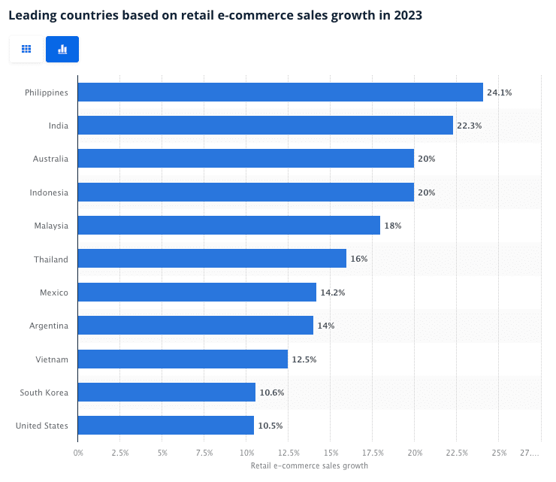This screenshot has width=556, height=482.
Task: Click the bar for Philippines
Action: pyautogui.click(x=280, y=92)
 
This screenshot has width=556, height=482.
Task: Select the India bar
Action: pyautogui.click(x=265, y=126)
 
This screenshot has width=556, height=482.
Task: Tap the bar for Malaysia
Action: pyautogui.click(x=229, y=226)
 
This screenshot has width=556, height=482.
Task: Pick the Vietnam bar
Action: pyautogui.click(x=183, y=359)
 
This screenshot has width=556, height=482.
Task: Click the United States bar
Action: pyautogui.click(x=166, y=426)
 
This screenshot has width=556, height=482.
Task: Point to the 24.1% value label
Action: pyautogui.click(x=500, y=92)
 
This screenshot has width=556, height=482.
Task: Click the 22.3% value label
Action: pyautogui.click(x=470, y=126)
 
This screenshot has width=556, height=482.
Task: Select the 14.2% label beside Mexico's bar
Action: pyautogui.click(x=333, y=293)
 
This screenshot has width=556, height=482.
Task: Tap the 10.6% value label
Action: pyautogui.click(x=272, y=393)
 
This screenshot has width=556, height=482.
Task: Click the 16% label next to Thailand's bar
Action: pyautogui.click(x=358, y=259)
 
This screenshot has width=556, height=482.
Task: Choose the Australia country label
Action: pyautogui.click(x=50, y=159)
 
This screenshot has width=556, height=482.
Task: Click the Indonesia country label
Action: pyautogui.click(x=49, y=192)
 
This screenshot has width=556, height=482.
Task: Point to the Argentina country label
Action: pyautogui.click(x=49, y=326)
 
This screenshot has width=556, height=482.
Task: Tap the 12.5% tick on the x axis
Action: pyautogui.click(x=289, y=453)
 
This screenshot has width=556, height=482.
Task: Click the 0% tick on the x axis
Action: pyautogui.click(x=78, y=453)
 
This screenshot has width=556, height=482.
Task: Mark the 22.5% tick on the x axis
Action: pyautogui.click(x=457, y=453)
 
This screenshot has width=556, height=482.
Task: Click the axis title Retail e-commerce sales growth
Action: pyautogui.click(x=309, y=465)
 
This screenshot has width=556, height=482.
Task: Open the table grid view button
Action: pyautogui.click(x=26, y=49)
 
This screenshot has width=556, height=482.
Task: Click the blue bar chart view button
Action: pyautogui.click(x=62, y=49)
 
